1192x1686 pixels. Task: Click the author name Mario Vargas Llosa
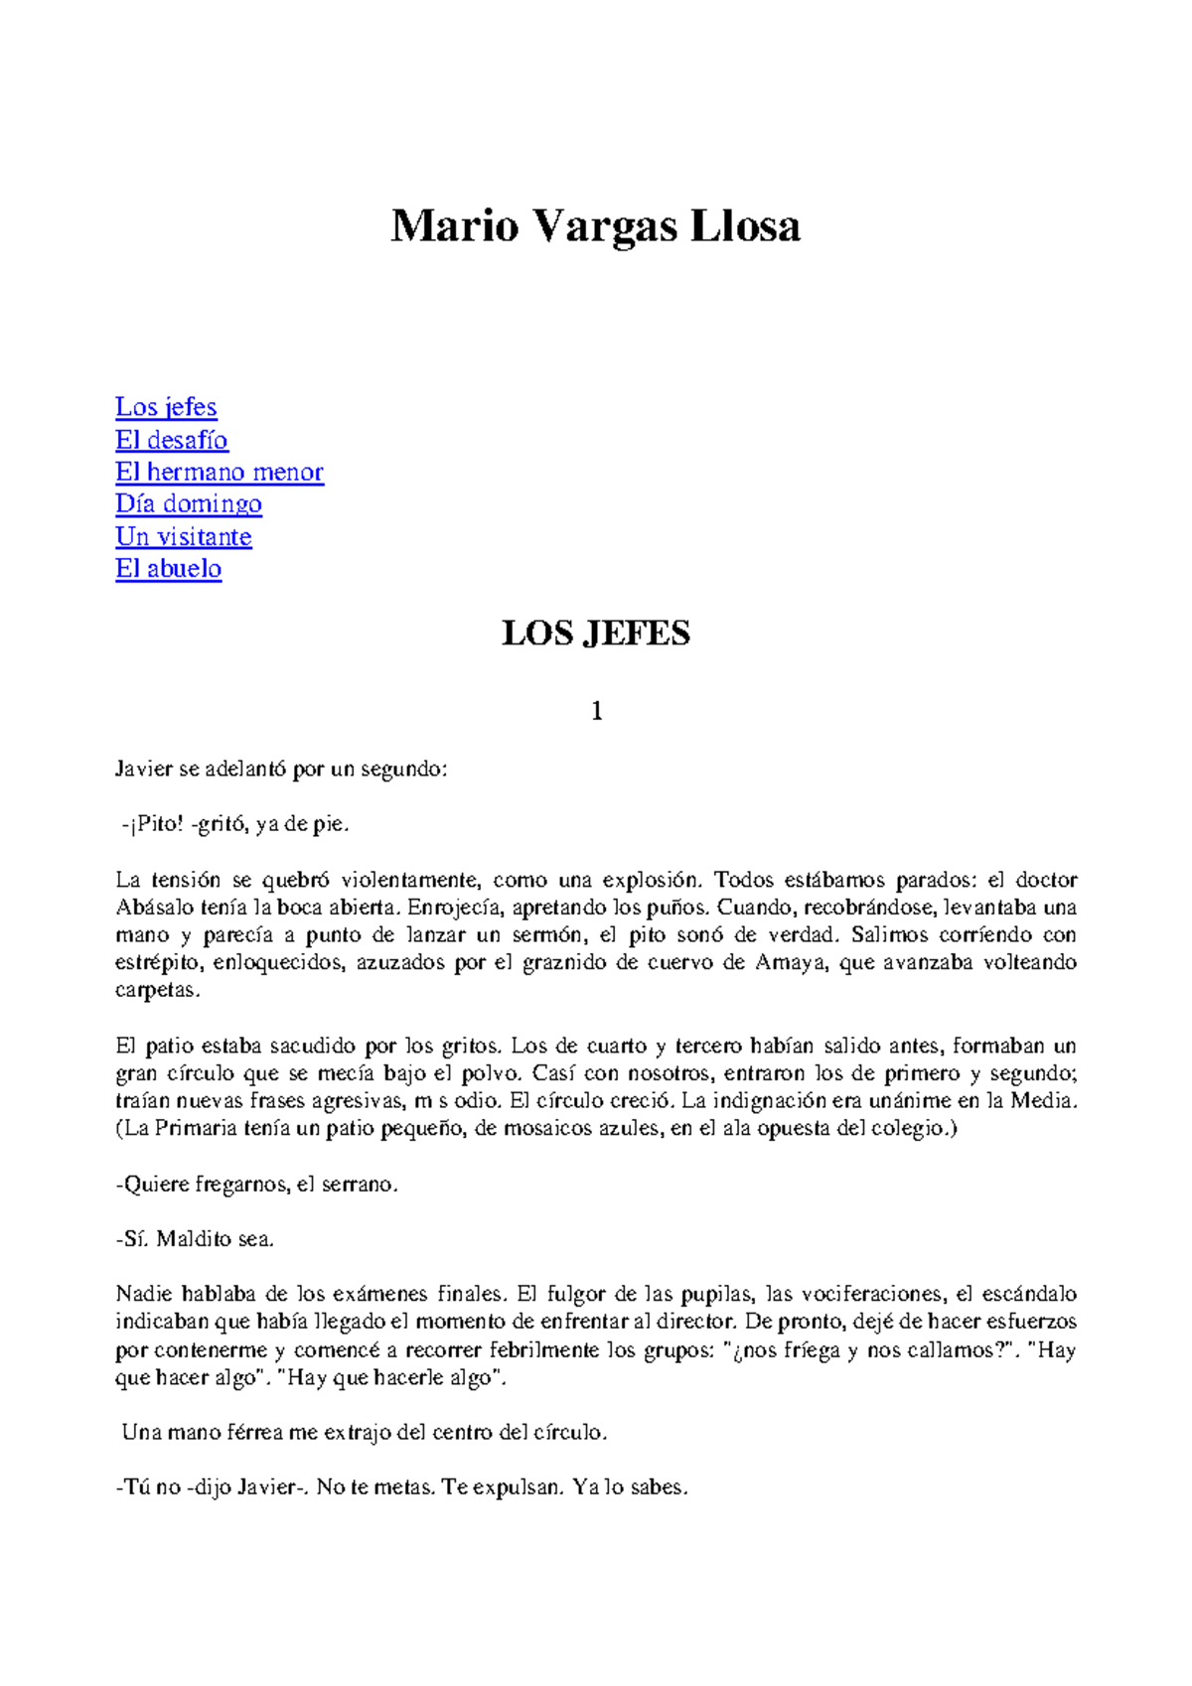tap(595, 226)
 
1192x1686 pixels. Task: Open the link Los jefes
tap(166, 407)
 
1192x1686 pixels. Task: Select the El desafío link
tap(172, 440)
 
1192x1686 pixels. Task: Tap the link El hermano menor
tap(220, 472)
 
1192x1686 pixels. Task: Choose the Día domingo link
tap(189, 503)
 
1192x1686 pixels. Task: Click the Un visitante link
tap(184, 536)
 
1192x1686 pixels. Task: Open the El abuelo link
tap(169, 568)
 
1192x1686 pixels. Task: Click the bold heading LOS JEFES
tap(595, 633)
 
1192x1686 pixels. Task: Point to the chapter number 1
tap(596, 711)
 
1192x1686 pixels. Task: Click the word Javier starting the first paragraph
tap(145, 770)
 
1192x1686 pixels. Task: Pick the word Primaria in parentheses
tap(196, 1128)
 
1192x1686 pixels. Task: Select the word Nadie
tap(144, 1294)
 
